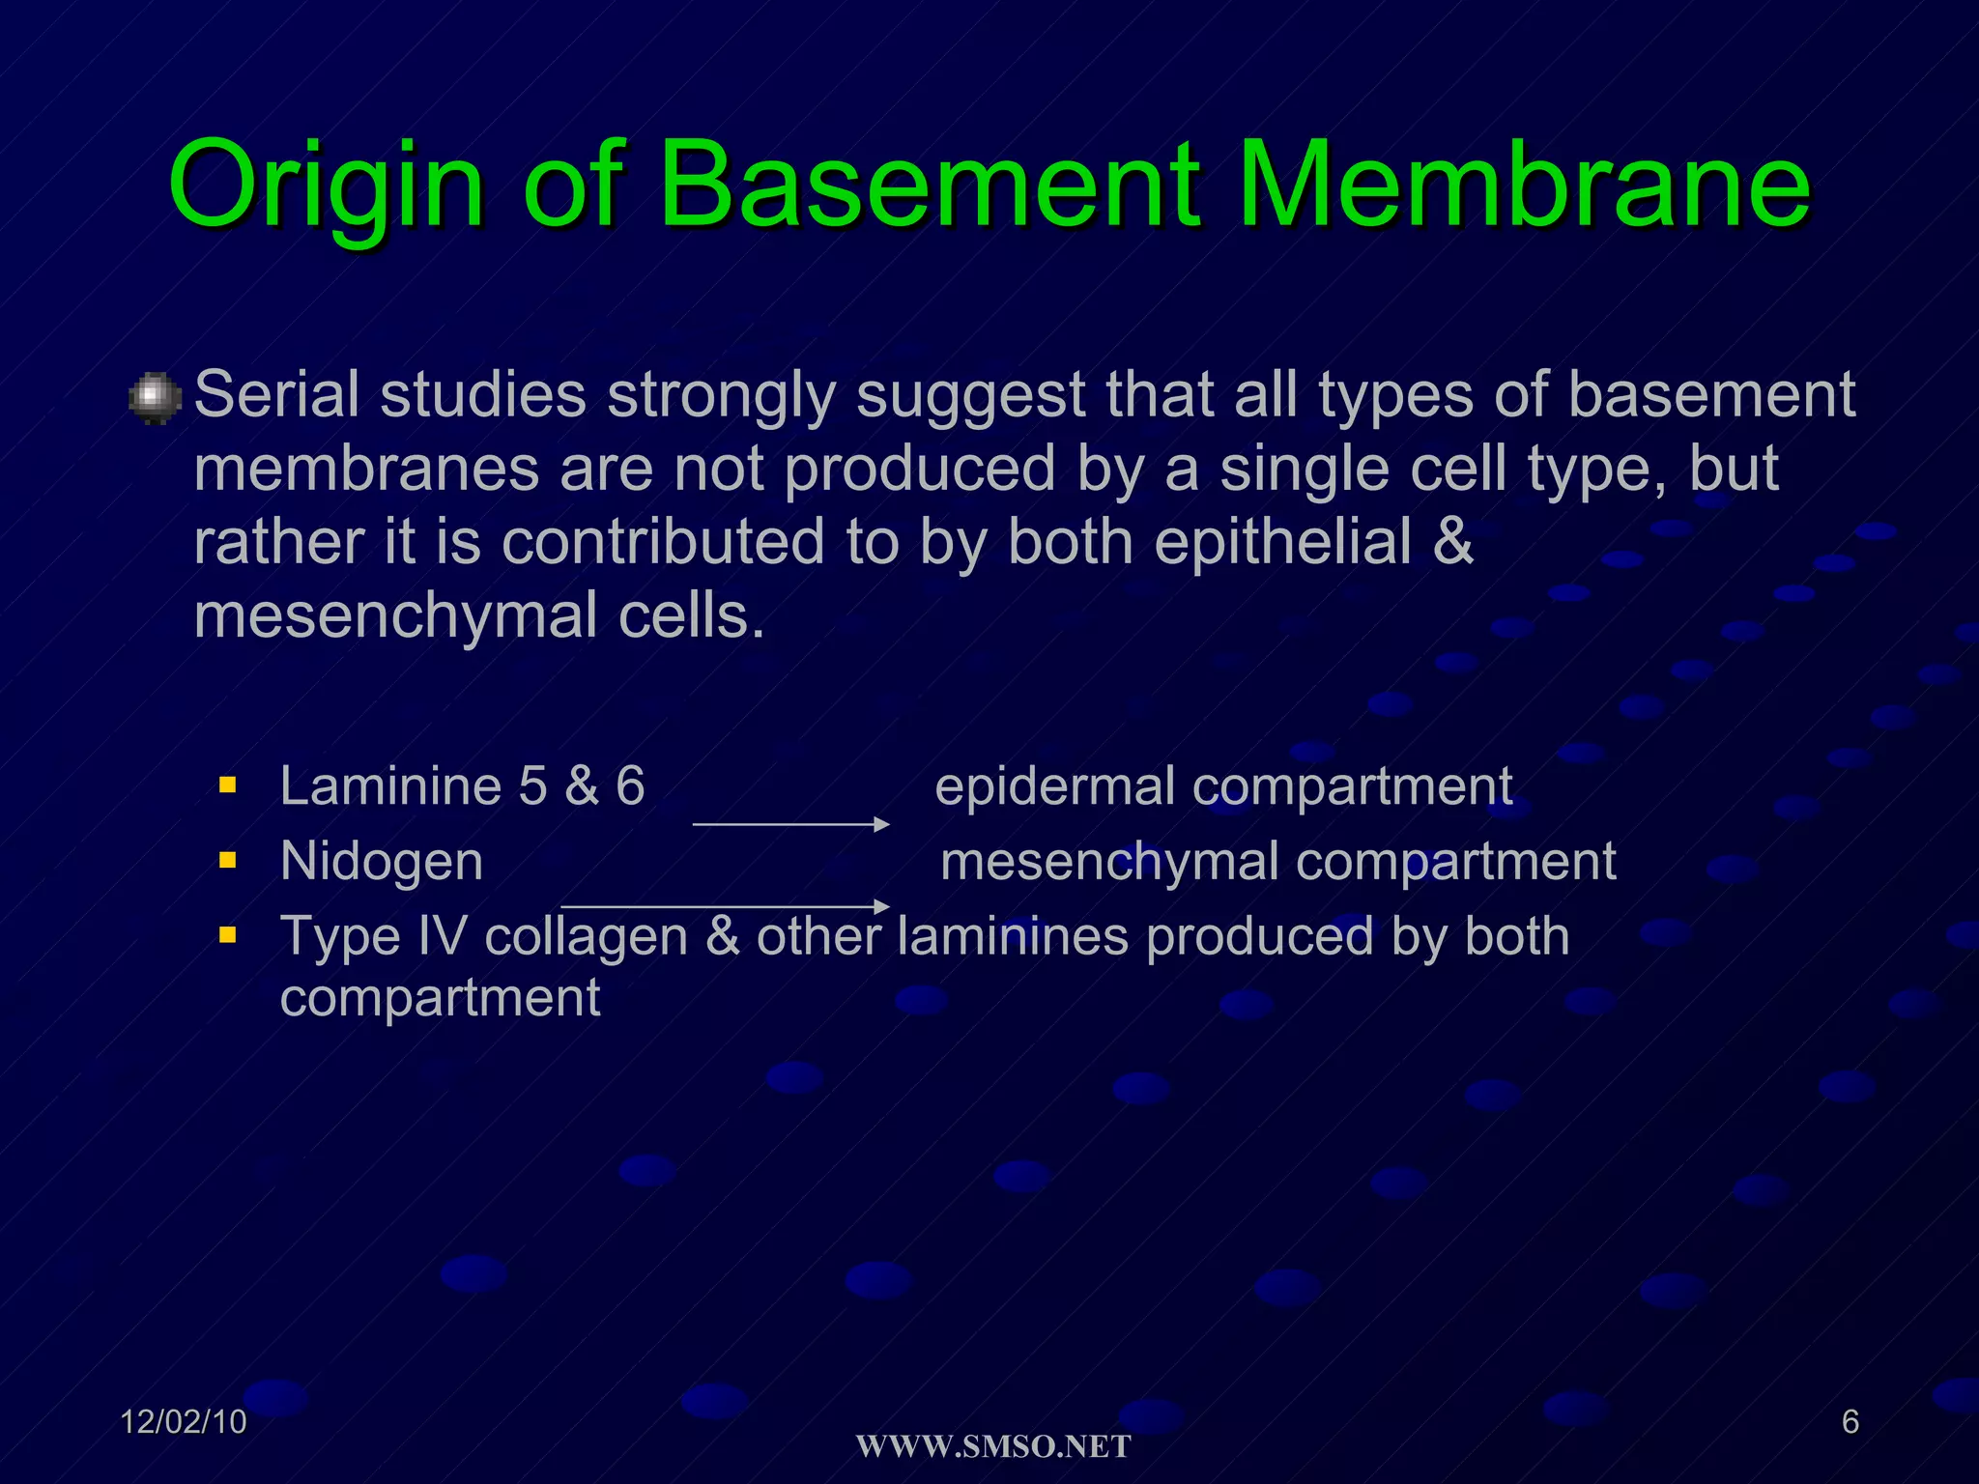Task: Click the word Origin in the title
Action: pos(325,186)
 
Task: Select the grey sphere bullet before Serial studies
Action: pos(155,398)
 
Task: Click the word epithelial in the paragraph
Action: pos(1282,542)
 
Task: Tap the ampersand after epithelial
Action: pos(1452,542)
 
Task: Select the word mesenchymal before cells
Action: pos(395,616)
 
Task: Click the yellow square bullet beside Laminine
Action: pos(228,785)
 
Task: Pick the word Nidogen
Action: pos(382,861)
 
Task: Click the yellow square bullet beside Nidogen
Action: pos(228,859)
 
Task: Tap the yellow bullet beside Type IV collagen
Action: pos(228,934)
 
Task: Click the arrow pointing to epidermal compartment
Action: pos(790,824)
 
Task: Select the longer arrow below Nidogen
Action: pos(725,906)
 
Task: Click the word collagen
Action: pos(586,937)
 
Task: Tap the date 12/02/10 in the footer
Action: pos(184,1422)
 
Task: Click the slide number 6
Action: pos(1850,1422)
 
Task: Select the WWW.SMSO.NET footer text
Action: pos(993,1446)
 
